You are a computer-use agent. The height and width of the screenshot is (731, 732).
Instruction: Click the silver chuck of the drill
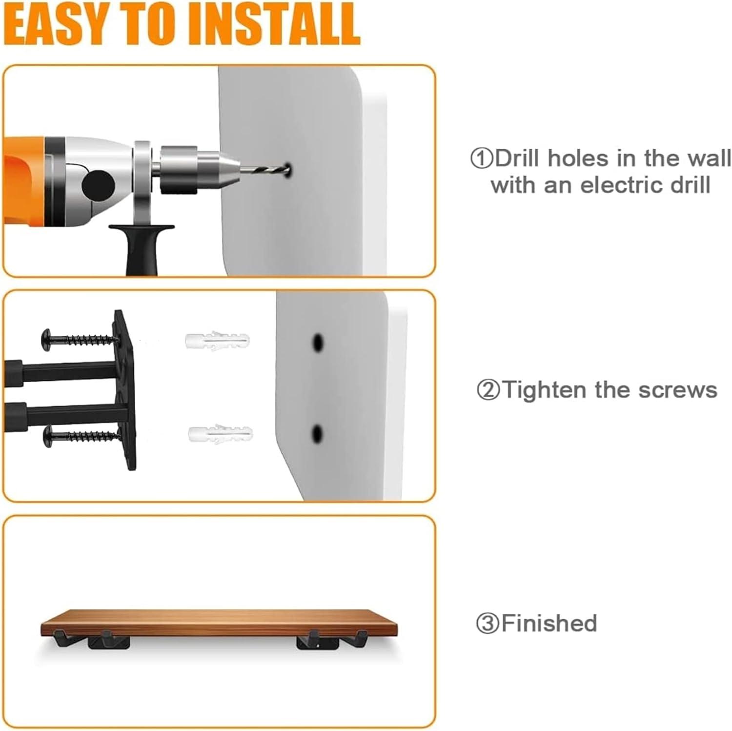[191, 169]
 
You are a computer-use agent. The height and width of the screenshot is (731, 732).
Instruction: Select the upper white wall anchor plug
[217, 340]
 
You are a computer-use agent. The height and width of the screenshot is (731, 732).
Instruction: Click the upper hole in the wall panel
[318, 343]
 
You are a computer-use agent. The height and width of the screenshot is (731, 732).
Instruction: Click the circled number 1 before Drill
[482, 159]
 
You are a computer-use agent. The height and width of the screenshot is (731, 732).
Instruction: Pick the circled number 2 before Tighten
[488, 390]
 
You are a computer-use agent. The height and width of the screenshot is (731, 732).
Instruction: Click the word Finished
[549, 623]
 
